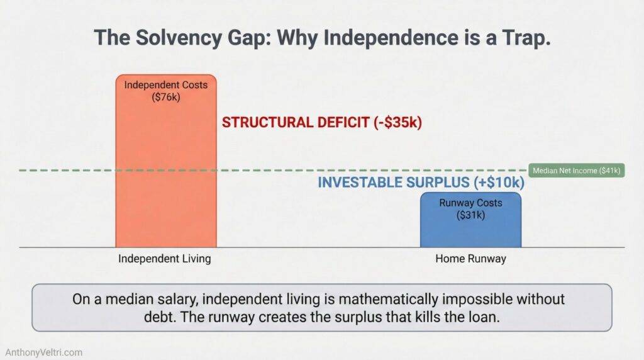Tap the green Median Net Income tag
click(576, 170)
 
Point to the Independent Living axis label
click(165, 259)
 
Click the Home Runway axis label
click(470, 259)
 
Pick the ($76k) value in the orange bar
click(165, 98)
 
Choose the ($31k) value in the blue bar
click(470, 214)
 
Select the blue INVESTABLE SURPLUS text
click(394, 183)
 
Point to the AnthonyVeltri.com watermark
click(43, 352)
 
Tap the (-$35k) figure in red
click(396, 122)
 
